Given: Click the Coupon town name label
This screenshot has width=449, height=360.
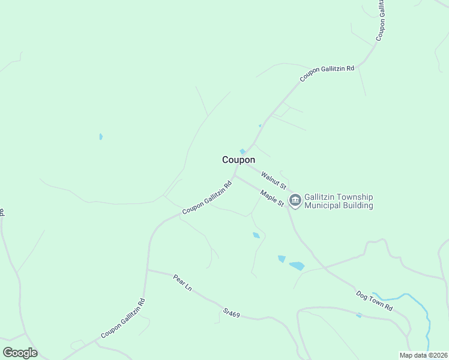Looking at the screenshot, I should coord(238,160).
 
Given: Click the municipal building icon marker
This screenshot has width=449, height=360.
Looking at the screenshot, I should coord(295,201).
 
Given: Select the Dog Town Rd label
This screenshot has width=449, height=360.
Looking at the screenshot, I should coord(374,300).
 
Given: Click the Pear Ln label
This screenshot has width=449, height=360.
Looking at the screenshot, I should coord(182,283).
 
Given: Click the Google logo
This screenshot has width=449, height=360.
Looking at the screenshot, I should coord(20,353).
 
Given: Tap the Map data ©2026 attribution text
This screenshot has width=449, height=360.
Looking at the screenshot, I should coord(423,355).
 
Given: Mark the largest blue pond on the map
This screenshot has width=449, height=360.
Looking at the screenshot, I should coord(297,266).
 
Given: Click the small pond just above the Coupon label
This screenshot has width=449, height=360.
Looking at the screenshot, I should coord(243,151).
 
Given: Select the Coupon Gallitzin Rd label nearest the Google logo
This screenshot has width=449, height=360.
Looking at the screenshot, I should coord(123,318).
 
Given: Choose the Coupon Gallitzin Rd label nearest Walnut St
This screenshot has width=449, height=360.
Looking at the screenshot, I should coord(207,197).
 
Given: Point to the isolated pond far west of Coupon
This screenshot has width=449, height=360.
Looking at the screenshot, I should coord(101,137).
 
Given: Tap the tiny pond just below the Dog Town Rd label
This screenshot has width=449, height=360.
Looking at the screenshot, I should coord(359,315).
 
